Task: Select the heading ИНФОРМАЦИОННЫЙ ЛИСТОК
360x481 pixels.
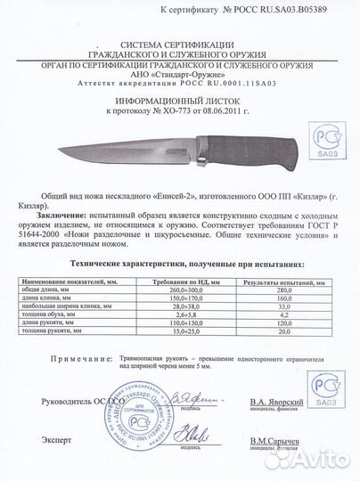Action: coord(181,103)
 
